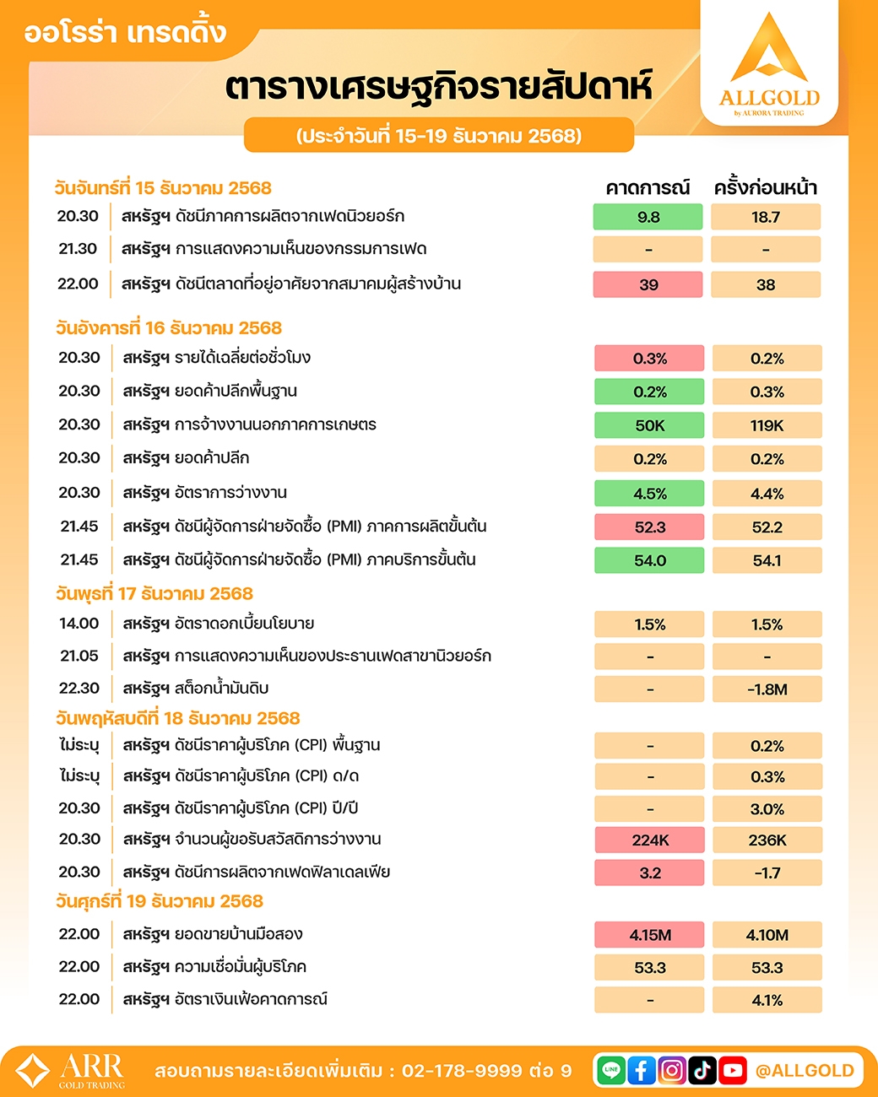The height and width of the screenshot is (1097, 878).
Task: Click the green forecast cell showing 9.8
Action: pos(648,217)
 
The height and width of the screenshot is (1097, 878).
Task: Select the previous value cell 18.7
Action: pos(766,217)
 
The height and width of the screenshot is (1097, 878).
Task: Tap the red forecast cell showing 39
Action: pos(648,284)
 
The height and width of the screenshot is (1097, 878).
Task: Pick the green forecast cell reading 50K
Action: pos(649,425)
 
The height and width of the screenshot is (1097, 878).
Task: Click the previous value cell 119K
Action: pos(767,425)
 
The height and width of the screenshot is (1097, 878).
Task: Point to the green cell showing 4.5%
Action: pos(649,494)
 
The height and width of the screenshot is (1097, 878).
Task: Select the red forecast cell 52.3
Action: pos(649,527)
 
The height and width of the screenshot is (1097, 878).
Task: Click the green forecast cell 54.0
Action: pos(649,560)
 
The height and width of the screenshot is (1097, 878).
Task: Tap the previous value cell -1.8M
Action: pos(767,689)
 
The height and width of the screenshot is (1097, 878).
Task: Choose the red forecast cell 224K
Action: pos(649,840)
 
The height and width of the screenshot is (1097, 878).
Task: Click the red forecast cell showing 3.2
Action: pos(649,873)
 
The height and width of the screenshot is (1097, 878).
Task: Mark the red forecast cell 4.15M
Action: pos(649,935)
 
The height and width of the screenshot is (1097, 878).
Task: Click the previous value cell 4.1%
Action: pos(767,1000)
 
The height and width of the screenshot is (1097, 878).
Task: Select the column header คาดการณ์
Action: pos(648,187)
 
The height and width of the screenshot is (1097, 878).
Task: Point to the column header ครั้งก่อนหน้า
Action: pos(766,187)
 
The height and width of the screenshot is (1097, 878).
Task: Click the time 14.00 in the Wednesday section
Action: pos(79,624)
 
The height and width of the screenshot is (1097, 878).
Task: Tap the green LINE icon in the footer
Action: pos(611,1070)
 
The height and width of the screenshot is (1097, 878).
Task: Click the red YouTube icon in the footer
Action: pos(733,1070)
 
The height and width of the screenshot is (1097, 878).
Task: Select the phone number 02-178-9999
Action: pos(462,1071)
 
